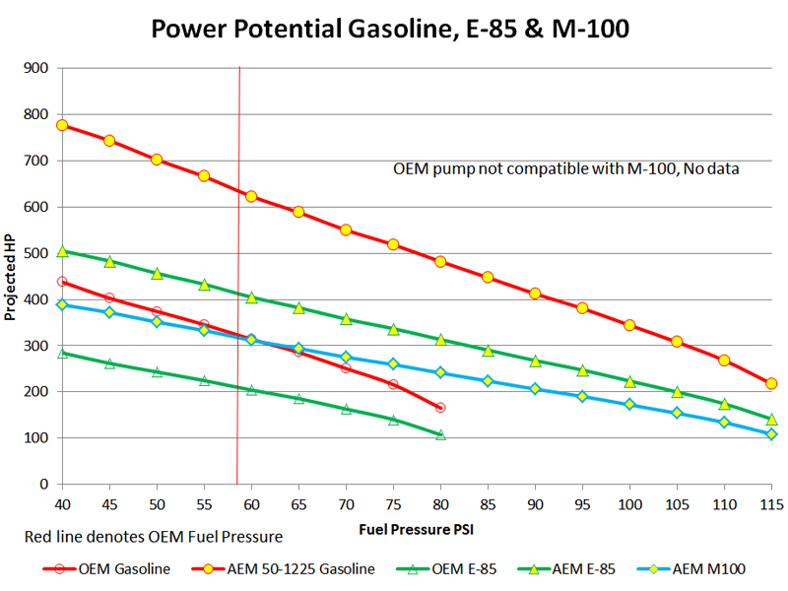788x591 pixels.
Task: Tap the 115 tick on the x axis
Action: [x=771, y=502]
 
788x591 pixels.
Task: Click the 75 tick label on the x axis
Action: [x=393, y=502]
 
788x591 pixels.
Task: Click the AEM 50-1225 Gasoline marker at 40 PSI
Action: [x=62, y=125]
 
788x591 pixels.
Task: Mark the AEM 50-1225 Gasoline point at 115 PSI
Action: [x=771, y=383]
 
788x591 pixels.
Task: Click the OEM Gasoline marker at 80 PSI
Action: [x=440, y=407]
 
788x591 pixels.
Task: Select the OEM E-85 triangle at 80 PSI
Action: [x=440, y=434]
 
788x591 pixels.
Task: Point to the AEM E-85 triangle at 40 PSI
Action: [x=62, y=251]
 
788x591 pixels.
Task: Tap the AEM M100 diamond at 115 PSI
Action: [x=771, y=434]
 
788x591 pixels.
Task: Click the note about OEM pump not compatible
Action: [x=566, y=168]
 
